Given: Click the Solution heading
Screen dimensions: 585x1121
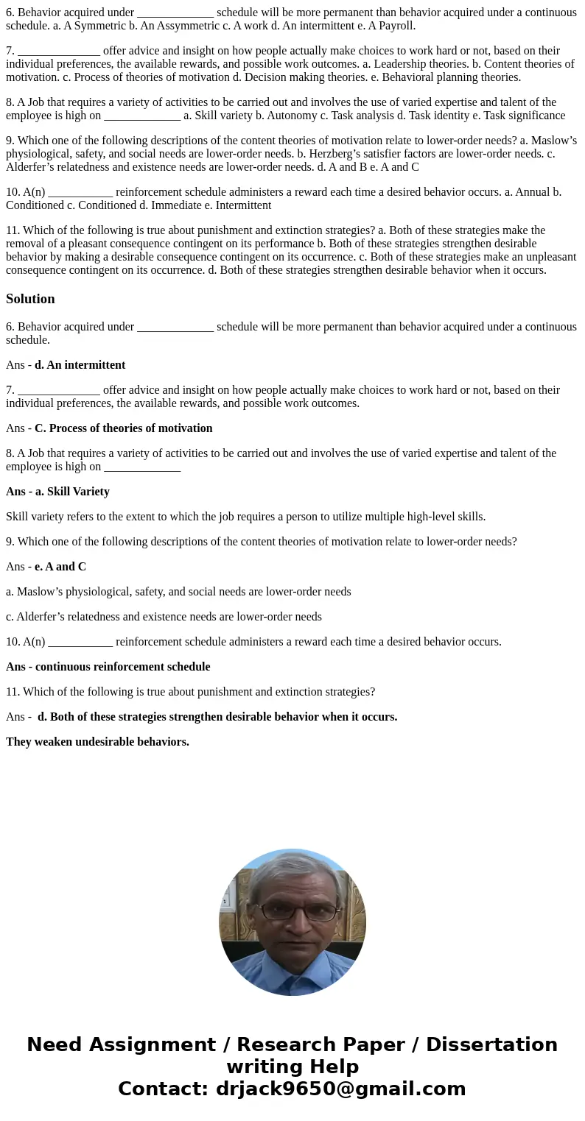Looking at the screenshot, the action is click(x=30, y=299).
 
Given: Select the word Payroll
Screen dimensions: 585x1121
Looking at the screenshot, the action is click(x=394, y=26).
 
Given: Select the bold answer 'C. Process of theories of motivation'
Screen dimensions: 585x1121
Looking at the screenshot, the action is click(x=123, y=428).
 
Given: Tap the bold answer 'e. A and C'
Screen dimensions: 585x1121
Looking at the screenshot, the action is click(x=60, y=567).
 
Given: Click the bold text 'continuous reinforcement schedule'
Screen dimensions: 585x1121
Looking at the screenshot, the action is click(x=122, y=667).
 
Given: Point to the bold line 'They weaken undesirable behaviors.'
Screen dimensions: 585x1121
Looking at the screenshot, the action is click(x=97, y=742).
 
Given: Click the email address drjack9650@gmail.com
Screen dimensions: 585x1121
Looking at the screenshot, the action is click(x=340, y=1089).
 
